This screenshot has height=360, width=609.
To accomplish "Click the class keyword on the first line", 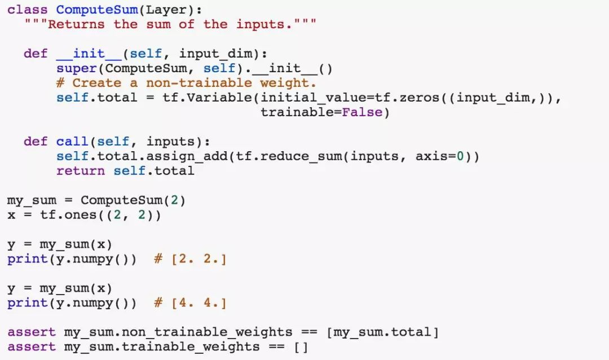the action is [27, 10].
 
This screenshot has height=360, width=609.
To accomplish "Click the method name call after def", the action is [72, 142].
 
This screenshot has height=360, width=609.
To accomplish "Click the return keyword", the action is [80, 171].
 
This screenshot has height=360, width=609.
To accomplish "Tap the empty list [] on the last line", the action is [301, 347].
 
